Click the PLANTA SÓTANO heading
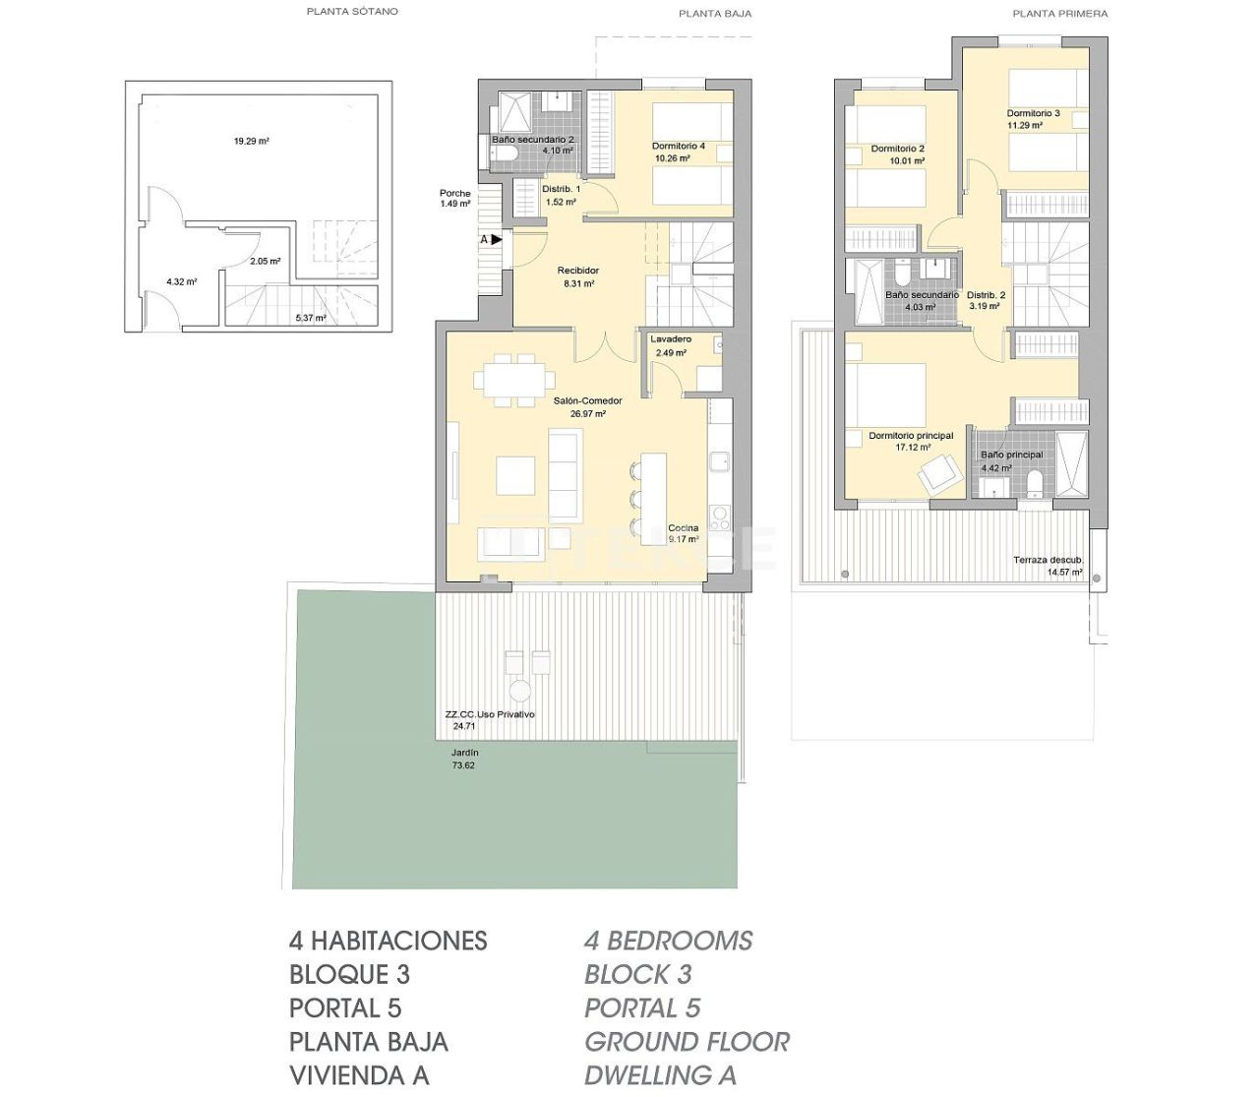pyautogui.click(x=352, y=12)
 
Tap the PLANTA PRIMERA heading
pyautogui.click(x=1059, y=14)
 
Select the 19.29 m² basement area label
pyautogui.click(x=251, y=141)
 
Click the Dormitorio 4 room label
pyautogui.click(x=678, y=147)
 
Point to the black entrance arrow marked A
pyautogui.click(x=496, y=239)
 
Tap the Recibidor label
pyautogui.click(x=577, y=271)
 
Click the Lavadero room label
pyautogui.click(x=670, y=339)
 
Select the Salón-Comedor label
pyautogui.click(x=587, y=401)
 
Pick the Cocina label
pyautogui.click(x=683, y=528)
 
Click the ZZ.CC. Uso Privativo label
pyautogui.click(x=490, y=715)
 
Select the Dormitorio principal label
pyautogui.click(x=911, y=436)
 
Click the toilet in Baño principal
pyautogui.click(x=1033, y=483)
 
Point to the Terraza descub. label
pyautogui.click(x=1048, y=560)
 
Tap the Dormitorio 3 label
pyautogui.click(x=1033, y=113)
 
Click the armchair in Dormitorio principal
pyautogui.click(x=939, y=474)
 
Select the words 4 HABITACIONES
pyautogui.click(x=388, y=941)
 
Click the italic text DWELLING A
pyautogui.click(x=660, y=1075)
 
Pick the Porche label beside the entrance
pyautogui.click(x=454, y=193)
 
